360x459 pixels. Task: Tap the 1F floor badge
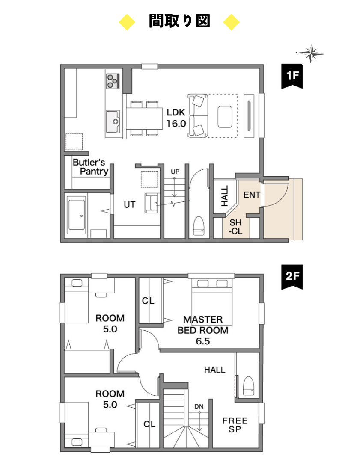pos(292,76)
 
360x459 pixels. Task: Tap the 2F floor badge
pos(292,277)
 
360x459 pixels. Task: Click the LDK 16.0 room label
pos(176,118)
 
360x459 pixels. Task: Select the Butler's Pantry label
pos(90,166)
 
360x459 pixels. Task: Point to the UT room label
pos(129,204)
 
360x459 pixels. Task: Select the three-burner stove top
pos(113,81)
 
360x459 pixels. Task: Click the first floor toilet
pos(199,226)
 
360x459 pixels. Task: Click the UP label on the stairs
pos(175,172)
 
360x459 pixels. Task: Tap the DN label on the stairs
pos(199,406)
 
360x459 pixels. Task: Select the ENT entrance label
pos(252,195)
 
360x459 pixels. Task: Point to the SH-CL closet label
pos(235,227)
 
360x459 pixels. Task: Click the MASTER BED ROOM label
pos(203,330)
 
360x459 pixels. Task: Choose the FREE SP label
pos(235,425)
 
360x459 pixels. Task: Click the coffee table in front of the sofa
pos(225,116)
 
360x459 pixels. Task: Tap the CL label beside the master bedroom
pos(148,301)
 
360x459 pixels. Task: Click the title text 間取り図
pos(179,21)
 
